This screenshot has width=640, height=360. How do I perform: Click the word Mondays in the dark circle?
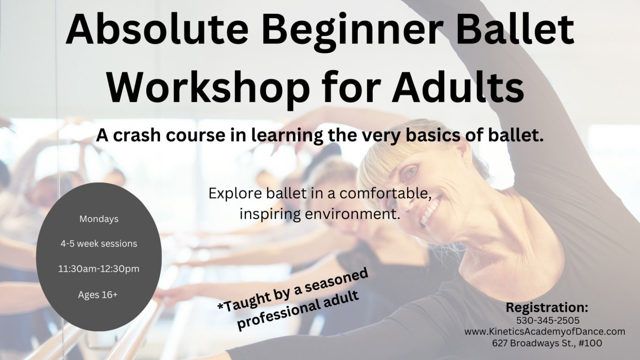[99, 219]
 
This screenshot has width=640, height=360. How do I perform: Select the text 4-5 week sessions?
[99, 244]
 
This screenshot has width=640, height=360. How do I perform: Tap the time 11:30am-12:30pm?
[99, 269]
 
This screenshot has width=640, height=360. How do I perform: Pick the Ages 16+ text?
[98, 295]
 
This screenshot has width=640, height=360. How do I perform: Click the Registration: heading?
[547, 307]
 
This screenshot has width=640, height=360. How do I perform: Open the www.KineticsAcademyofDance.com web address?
[544, 332]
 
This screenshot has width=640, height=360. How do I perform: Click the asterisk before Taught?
[220, 305]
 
